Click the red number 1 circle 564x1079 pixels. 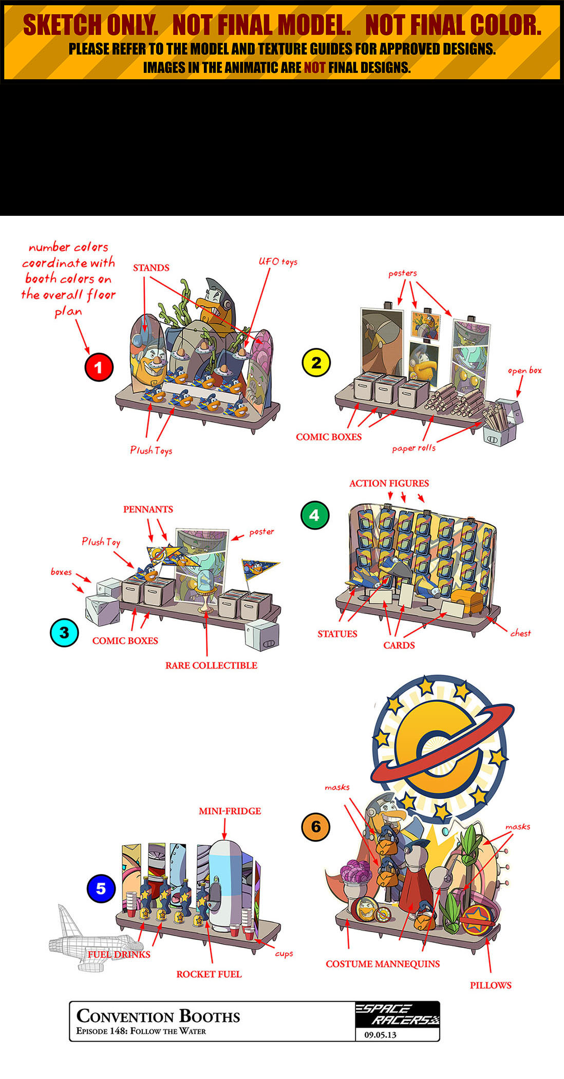(x=99, y=367)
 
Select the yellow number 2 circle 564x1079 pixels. (x=316, y=363)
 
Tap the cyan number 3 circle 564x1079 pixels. (x=64, y=632)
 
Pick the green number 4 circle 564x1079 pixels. (x=314, y=515)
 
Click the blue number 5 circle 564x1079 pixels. (x=101, y=888)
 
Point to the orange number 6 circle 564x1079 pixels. (x=315, y=827)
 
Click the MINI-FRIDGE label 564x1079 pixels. (x=230, y=811)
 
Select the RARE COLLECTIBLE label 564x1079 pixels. (x=211, y=665)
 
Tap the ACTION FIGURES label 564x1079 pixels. (x=389, y=483)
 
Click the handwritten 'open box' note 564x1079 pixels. (x=524, y=370)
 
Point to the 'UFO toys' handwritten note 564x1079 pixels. (x=278, y=262)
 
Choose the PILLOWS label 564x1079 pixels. (x=491, y=985)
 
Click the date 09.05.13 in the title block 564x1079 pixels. (x=381, y=1035)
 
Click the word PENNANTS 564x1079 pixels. (x=148, y=509)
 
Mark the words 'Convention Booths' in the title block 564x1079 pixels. (x=158, y=1016)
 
